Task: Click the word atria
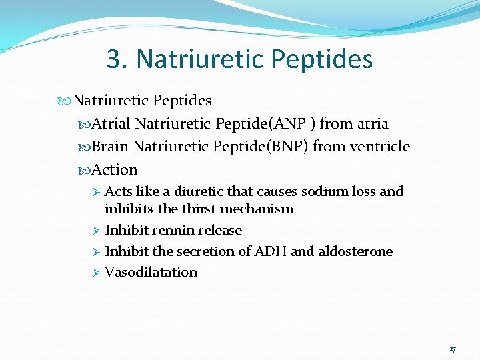click(x=372, y=124)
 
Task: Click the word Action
click(x=115, y=169)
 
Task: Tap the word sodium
click(x=324, y=192)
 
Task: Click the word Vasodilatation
click(x=151, y=272)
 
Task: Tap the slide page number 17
click(x=453, y=349)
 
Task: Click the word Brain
click(x=110, y=146)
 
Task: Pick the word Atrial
click(x=111, y=124)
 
